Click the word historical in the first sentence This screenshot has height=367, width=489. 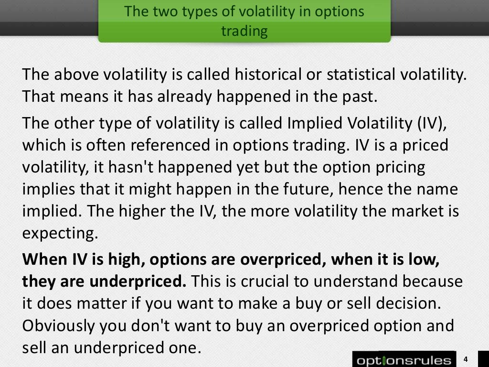click(262, 75)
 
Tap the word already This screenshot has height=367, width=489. click(182, 97)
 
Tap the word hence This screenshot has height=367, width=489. click(359, 190)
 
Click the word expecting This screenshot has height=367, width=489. click(60, 234)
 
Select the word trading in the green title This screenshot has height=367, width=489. click(244, 31)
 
